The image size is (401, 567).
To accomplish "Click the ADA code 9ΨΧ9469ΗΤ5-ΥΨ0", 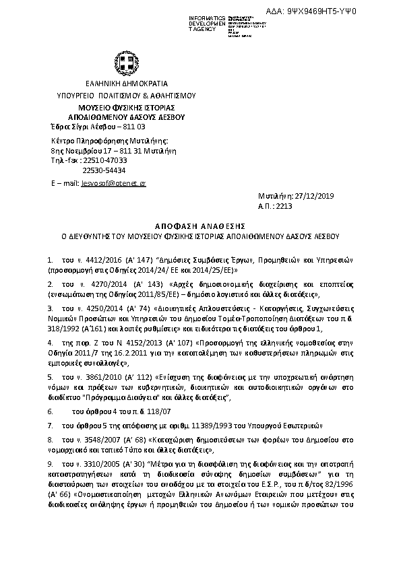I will (350, 11).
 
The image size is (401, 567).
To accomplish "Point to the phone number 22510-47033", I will (103, 160).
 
